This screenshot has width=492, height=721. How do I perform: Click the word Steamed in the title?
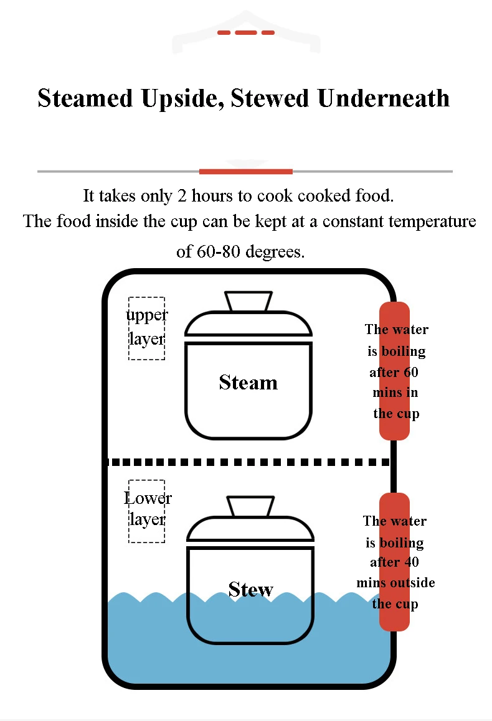(85, 98)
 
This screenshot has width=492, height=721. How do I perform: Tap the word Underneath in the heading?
(384, 98)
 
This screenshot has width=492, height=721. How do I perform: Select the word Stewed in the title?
(270, 98)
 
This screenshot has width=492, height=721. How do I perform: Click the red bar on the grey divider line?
(246, 172)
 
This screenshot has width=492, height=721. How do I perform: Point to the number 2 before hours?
(182, 196)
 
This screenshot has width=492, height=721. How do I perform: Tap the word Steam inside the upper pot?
(248, 383)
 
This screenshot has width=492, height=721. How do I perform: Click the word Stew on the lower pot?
(251, 589)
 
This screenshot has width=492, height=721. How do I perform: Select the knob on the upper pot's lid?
(248, 301)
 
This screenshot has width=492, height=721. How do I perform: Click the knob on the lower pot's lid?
(251, 506)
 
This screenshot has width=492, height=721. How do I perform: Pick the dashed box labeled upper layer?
(146, 328)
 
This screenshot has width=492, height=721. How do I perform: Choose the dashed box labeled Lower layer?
(146, 511)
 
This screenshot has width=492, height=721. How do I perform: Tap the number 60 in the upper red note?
(411, 372)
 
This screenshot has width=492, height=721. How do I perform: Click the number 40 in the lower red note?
(411, 562)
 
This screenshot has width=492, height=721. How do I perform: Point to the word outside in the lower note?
(414, 583)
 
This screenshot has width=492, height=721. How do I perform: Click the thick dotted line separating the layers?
(248, 462)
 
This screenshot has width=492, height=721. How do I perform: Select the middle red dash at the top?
(246, 32)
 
